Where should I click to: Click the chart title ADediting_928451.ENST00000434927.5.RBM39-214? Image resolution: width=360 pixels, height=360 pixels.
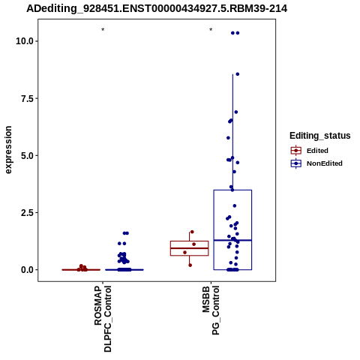pos(157,9)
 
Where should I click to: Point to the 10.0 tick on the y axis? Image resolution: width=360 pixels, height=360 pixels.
pos(25,41)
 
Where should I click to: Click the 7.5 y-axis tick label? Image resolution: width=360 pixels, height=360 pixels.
pos(27,98)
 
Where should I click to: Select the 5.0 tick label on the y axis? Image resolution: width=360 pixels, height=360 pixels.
pos(27,156)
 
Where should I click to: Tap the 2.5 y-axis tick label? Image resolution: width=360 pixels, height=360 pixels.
pos(27,213)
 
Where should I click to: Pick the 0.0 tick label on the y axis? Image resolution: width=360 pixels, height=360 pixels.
pos(27,270)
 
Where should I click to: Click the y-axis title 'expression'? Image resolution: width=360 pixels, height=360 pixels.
pos(8,150)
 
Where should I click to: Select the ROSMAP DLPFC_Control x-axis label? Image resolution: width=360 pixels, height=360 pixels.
pos(103,319)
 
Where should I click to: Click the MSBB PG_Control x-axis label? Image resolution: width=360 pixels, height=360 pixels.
pos(211,310)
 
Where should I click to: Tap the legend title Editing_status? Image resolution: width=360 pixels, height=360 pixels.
pos(320,136)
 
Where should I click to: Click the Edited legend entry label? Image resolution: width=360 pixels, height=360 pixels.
pos(317,151)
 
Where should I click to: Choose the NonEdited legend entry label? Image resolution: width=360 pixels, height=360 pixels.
pos(325,163)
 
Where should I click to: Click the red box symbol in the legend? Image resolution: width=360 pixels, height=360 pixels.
pos(296,151)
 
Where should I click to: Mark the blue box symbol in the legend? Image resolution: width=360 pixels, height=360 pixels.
pos(296,163)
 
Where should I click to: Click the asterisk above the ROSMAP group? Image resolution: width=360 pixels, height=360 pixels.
pos(103,30)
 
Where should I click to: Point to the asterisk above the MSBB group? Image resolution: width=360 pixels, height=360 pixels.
pos(211,30)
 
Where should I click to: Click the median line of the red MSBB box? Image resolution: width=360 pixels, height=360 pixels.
pos(189,248)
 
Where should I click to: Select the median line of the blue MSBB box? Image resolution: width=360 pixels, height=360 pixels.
pos(232,240)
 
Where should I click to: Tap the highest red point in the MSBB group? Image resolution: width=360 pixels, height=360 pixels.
pos(192,232)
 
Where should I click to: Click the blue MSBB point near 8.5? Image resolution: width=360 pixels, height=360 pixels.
pos(238,74)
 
